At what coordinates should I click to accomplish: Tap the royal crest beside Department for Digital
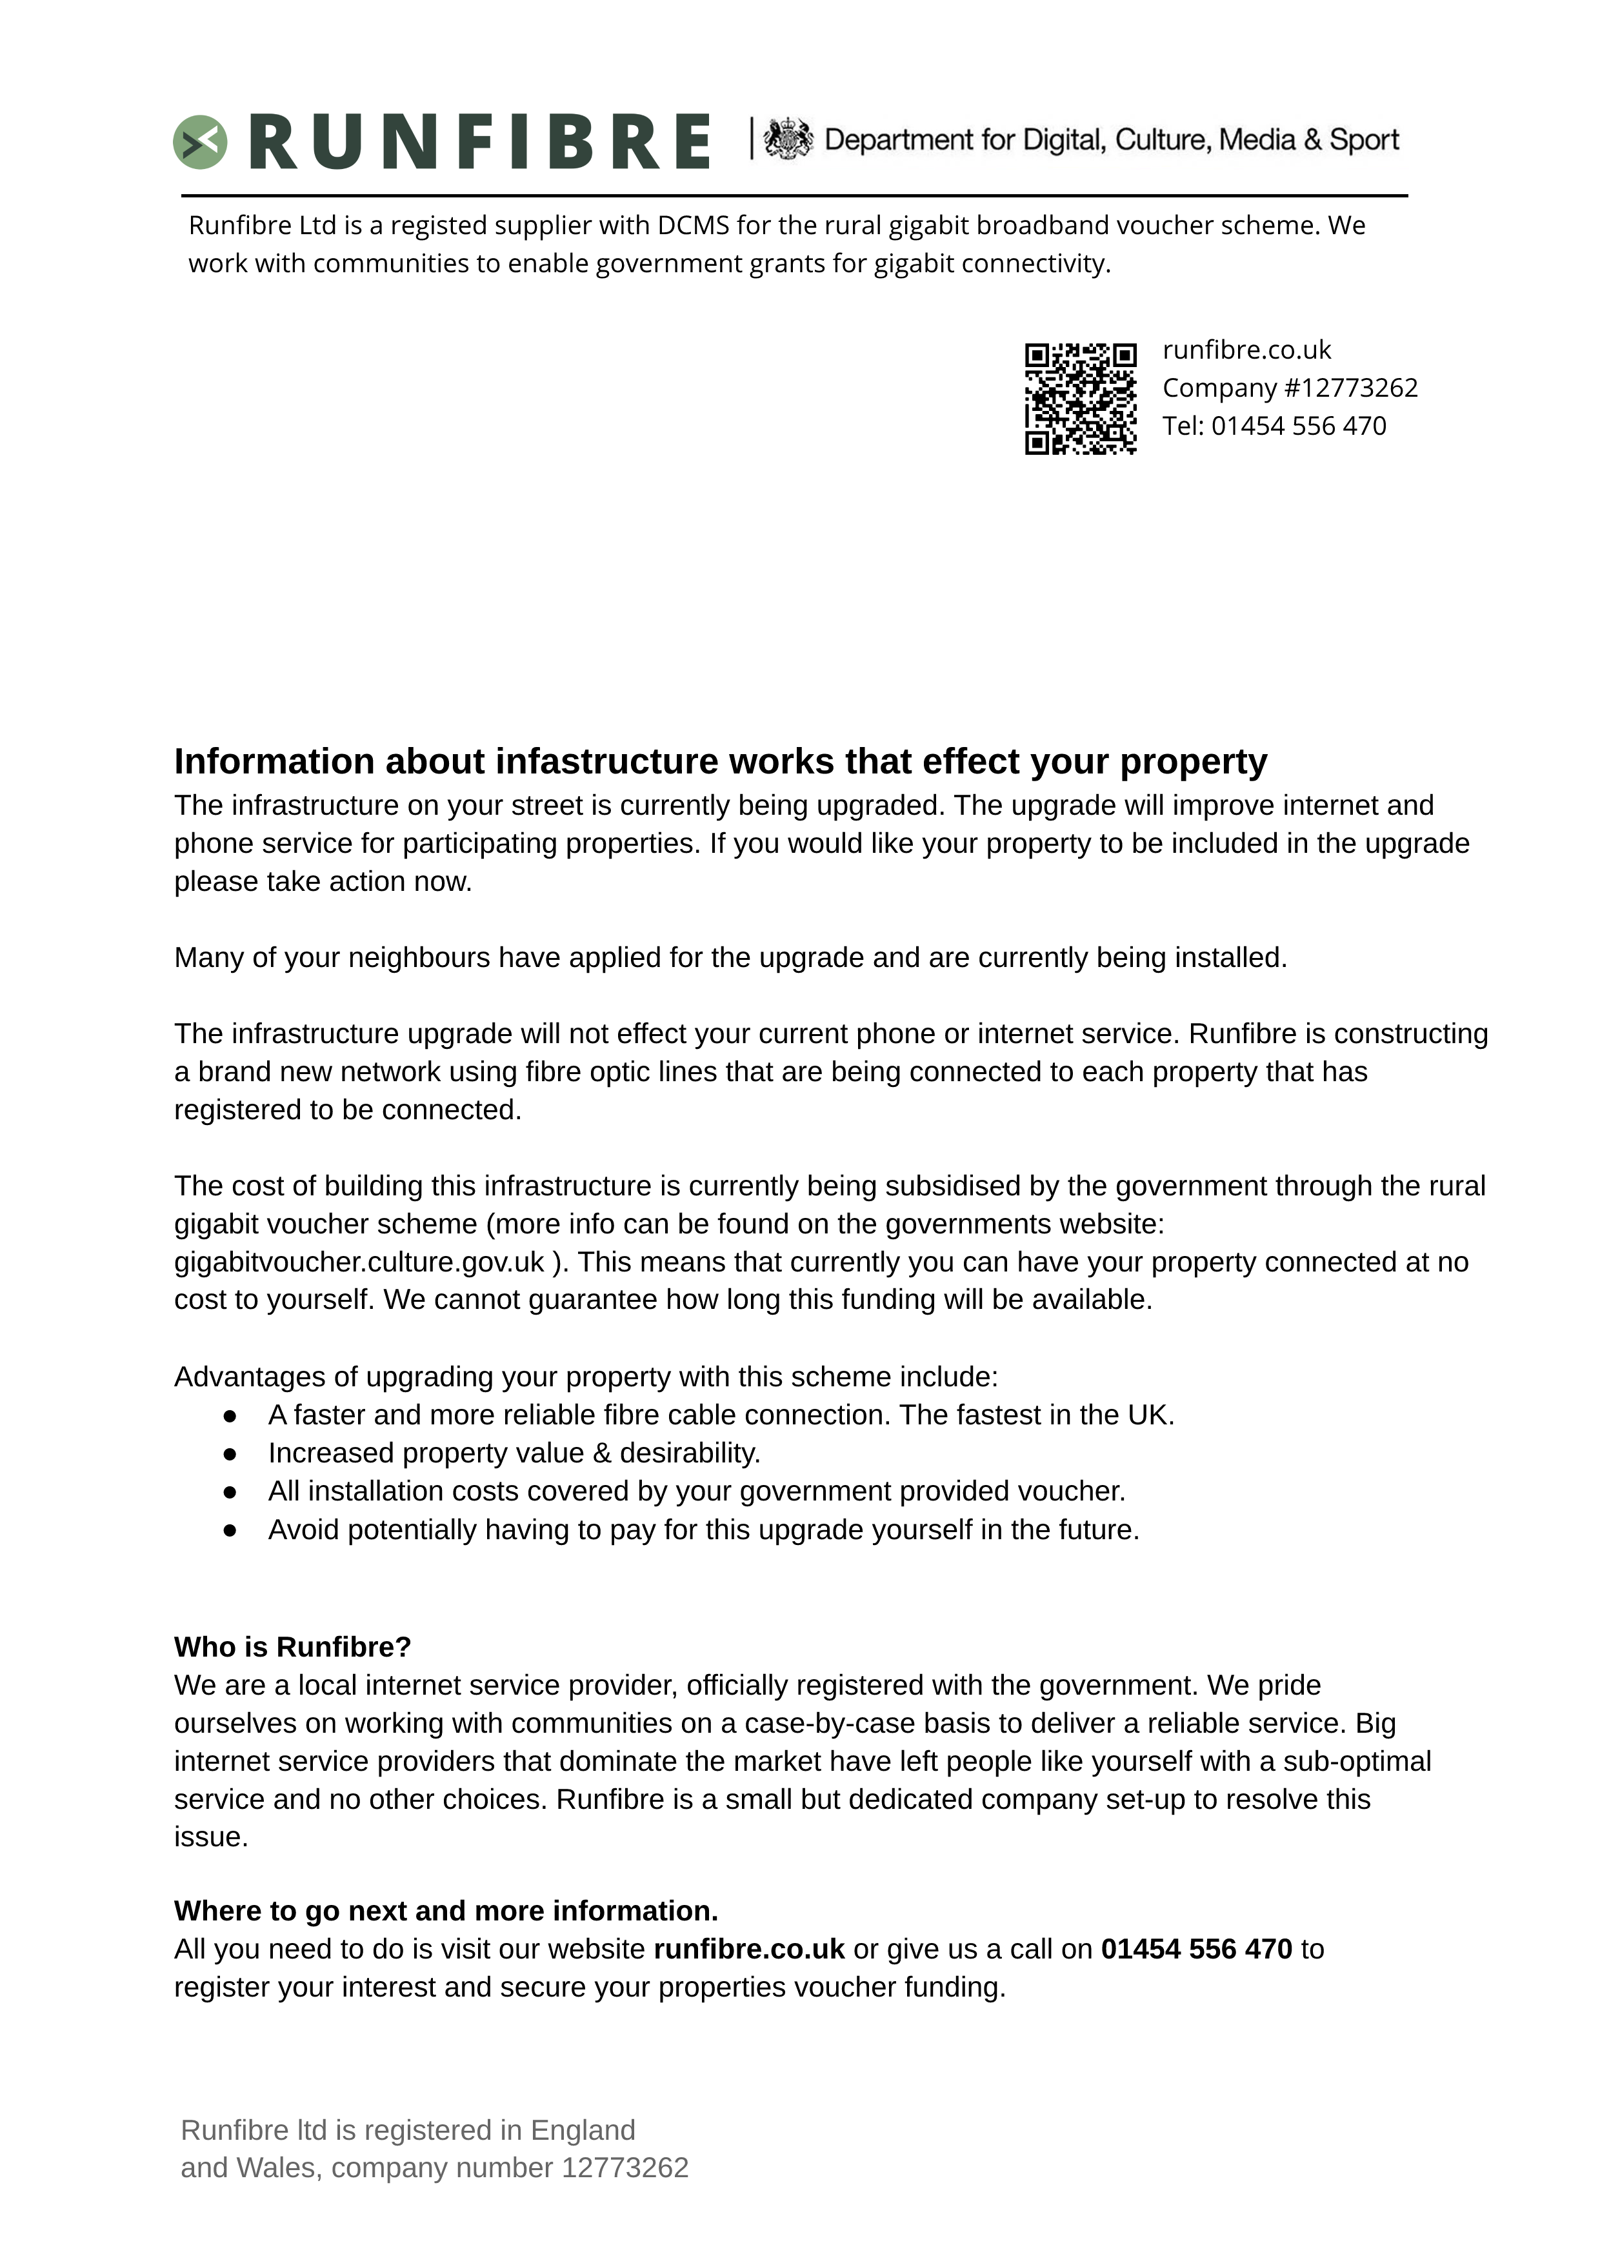tap(788, 139)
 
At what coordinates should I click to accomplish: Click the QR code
tap(1081, 398)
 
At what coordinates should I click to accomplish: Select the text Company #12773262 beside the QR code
tap(1290, 387)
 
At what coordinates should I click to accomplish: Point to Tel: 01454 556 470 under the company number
tap(1274, 426)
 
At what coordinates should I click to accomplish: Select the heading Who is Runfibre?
tap(293, 1647)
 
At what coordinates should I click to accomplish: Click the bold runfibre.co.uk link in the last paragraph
tap(748, 1949)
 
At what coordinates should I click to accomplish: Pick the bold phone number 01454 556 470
tap(1196, 1949)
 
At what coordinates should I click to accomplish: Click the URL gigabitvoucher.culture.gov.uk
tap(359, 1262)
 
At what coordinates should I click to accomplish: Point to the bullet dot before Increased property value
tap(230, 1454)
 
